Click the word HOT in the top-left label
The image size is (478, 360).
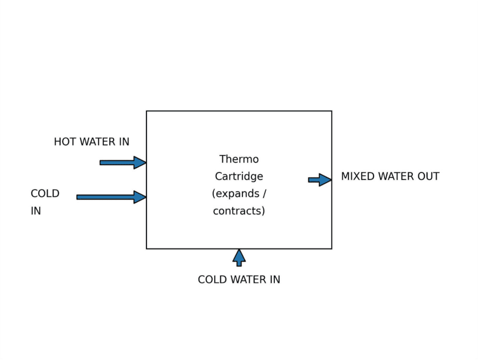click(64, 142)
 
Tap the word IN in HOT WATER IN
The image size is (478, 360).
click(124, 142)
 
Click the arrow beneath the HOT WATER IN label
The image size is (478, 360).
click(123, 162)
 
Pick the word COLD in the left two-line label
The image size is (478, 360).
click(45, 194)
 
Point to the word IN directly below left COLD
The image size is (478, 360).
click(36, 211)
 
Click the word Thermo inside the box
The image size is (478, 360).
click(239, 159)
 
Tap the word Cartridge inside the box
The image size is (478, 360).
click(239, 176)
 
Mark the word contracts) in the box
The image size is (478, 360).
click(239, 211)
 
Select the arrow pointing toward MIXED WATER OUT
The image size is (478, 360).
click(319, 180)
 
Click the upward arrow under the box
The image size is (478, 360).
click(239, 258)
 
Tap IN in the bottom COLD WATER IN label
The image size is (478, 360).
click(274, 279)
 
